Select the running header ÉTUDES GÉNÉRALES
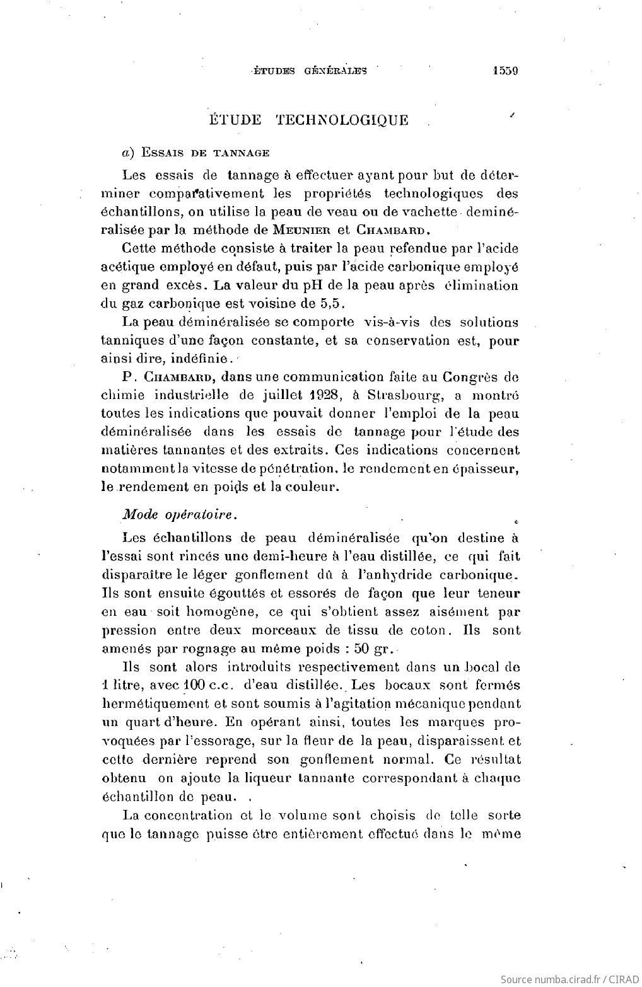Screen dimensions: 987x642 point(309,72)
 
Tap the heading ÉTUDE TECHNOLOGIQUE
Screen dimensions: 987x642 point(308,120)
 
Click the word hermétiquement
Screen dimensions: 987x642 point(154,703)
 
